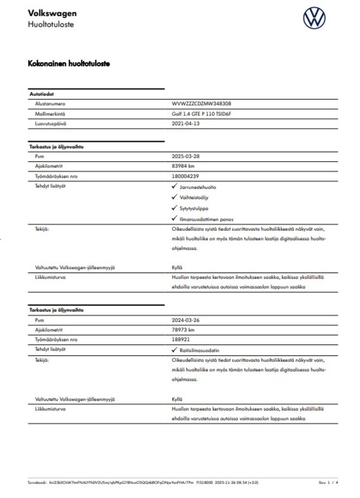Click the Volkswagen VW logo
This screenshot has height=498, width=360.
pos(314,18)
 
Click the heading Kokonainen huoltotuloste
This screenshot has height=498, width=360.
pos(69,64)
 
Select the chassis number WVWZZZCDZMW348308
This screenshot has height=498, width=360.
pos(201,104)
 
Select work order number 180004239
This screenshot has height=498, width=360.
pos(185,176)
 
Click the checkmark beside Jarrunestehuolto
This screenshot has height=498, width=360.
pos(174,186)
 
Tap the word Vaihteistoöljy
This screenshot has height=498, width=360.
pos(194,197)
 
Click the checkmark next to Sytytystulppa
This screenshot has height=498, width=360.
pos(174,207)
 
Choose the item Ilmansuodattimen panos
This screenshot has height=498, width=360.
pos(206,219)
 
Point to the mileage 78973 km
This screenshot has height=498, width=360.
pos(183,330)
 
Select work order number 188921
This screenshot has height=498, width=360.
pos(181,339)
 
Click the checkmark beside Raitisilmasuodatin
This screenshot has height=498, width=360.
pos(174,350)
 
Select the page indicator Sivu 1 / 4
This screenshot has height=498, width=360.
pos(328,482)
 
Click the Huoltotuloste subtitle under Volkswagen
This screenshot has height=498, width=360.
pos(50,24)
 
